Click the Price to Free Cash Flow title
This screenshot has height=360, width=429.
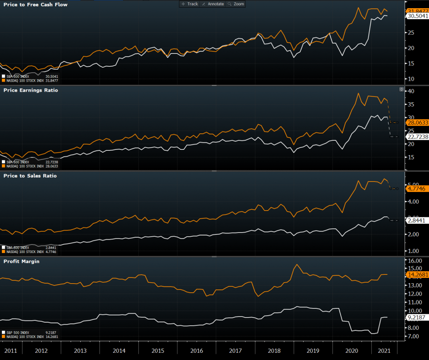click(35, 4)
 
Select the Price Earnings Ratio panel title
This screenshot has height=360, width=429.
click(30, 90)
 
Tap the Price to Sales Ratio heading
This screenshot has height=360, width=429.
click(30, 176)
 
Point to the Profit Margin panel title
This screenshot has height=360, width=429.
click(22, 261)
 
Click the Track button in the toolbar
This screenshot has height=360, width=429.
click(190, 4)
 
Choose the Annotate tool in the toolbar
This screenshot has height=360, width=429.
click(213, 4)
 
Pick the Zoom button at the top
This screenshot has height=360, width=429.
click(236, 4)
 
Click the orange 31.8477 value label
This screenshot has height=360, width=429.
click(417, 11)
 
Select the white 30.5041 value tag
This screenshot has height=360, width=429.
click(417, 16)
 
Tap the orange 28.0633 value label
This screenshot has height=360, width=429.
click(417, 123)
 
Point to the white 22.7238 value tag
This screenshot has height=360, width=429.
click(417, 137)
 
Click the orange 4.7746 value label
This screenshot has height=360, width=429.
click(416, 189)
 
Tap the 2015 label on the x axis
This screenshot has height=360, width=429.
click(158, 351)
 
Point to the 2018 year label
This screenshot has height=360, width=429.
click(275, 351)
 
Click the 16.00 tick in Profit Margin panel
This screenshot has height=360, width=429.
click(414, 260)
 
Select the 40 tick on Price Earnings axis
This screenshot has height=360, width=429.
click(411, 91)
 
